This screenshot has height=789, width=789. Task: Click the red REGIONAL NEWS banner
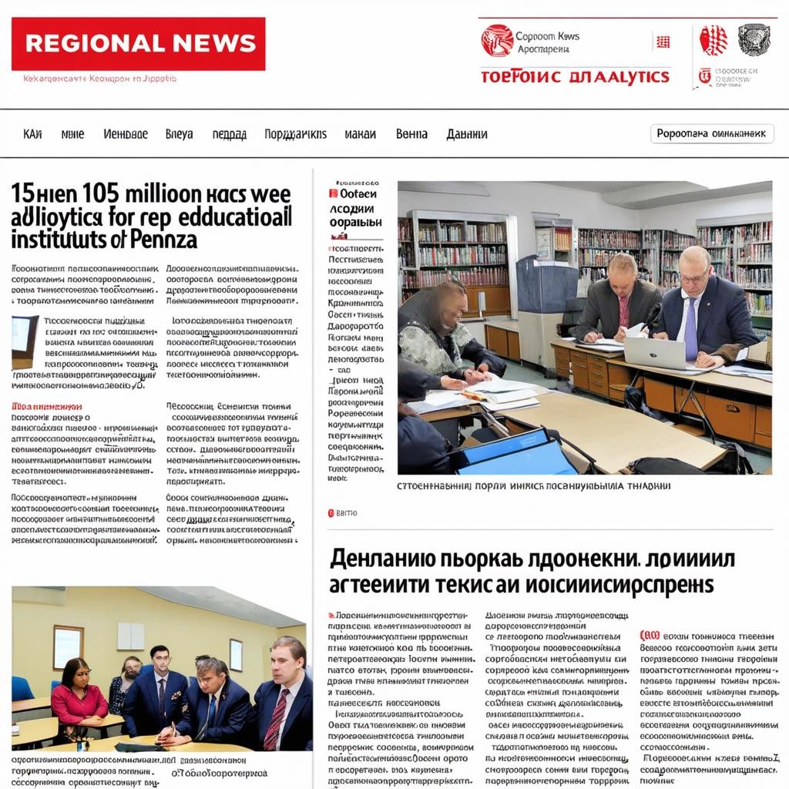pyautogui.click(x=139, y=44)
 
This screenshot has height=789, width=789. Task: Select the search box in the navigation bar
pyautogui.click(x=712, y=133)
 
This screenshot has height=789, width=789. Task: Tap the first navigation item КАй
pyautogui.click(x=33, y=134)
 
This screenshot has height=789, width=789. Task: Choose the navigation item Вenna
pyautogui.click(x=411, y=134)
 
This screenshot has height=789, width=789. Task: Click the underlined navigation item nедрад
pyautogui.click(x=229, y=134)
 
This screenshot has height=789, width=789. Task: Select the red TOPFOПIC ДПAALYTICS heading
pyautogui.click(x=575, y=77)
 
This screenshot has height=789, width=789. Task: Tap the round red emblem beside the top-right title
pyautogui.click(x=497, y=41)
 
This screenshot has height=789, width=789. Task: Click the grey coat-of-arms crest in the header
pyautogui.click(x=754, y=39)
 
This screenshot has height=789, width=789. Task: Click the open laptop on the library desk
pyautogui.click(x=654, y=353)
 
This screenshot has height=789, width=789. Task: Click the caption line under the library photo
pyautogui.click(x=533, y=486)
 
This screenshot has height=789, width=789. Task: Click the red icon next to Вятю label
pyautogui.click(x=331, y=512)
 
